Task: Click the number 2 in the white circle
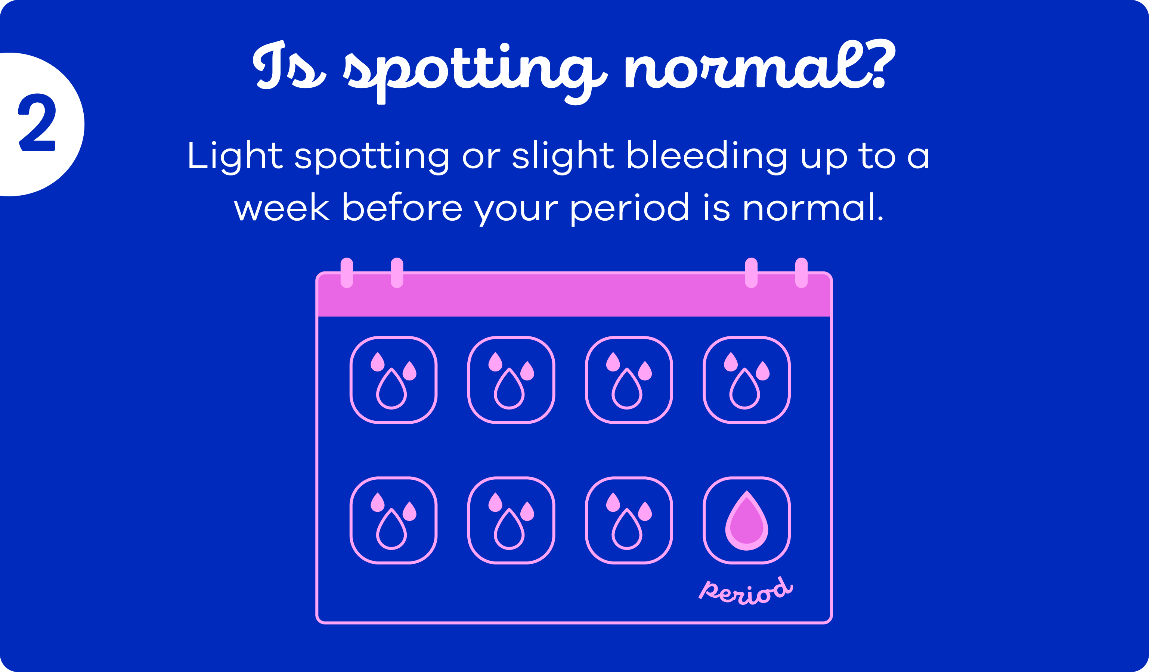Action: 37,122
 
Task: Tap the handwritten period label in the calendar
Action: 746,591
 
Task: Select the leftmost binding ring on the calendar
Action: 347,273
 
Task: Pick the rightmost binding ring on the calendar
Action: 801,273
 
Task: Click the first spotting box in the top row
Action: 393,380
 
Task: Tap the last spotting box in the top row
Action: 746,380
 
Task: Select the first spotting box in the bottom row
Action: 393,520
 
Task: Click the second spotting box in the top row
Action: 511,380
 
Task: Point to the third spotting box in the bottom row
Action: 629,520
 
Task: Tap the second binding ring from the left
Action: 397,273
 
